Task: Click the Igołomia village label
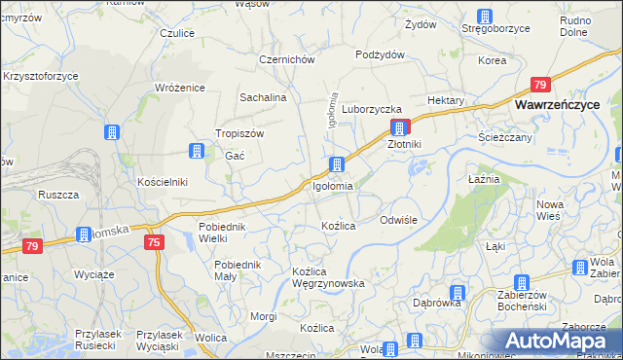point(333,185)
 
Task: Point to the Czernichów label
point(286,58)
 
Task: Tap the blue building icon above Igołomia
point(337,163)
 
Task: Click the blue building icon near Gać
point(197,151)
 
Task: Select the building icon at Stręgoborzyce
point(485,17)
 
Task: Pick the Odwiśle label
point(398,220)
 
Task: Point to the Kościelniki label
point(162,182)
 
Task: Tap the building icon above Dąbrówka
point(456,293)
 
